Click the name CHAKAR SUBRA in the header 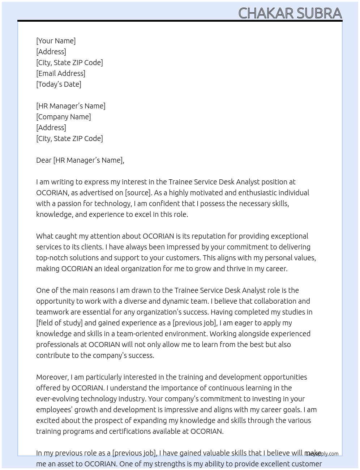[x=290, y=13]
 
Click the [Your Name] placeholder [x=56, y=41]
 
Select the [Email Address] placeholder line [x=61, y=73]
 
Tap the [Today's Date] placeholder [x=59, y=84]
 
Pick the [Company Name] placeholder [x=63, y=117]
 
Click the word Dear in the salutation [x=44, y=160]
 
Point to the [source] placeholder [x=138, y=193]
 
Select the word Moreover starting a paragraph [x=52, y=377]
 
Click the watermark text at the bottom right [x=322, y=454]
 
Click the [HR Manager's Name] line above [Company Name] [x=71, y=106]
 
